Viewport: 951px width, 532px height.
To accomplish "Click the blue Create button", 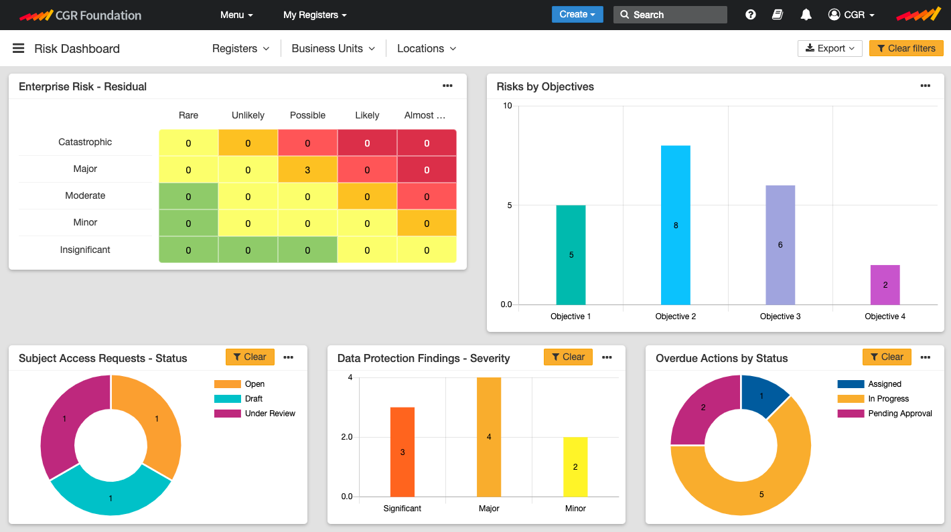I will [577, 14].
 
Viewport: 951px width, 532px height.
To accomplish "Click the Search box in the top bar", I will [670, 15].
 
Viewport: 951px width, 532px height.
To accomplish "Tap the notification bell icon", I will [806, 15].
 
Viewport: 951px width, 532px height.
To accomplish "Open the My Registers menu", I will [315, 15].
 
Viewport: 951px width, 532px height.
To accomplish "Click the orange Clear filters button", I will [905, 48].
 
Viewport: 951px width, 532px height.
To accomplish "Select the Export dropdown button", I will [829, 48].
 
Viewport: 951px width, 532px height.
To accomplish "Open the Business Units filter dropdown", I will [333, 48].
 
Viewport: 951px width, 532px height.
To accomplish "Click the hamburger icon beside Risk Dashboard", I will [19, 48].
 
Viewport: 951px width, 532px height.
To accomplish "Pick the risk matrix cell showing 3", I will [307, 170].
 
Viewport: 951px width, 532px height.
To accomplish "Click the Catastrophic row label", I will [85, 142].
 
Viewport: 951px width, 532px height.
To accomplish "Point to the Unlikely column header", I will [248, 115].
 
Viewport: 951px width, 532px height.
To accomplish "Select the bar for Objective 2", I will [675, 225].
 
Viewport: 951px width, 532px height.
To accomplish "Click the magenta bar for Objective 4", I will [885, 285].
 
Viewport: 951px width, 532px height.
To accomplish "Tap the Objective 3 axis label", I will [780, 316].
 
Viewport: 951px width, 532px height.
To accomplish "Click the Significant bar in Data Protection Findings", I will [403, 452].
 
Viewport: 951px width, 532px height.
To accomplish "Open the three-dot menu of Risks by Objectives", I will [925, 86].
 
